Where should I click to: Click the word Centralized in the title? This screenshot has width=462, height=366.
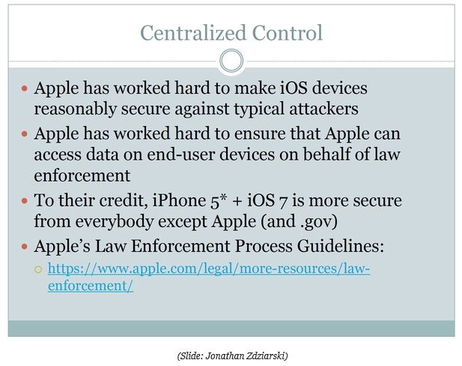193,33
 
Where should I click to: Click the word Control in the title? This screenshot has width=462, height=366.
288,33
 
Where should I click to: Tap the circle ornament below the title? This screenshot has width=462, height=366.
231,61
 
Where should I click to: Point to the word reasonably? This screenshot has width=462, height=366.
76,109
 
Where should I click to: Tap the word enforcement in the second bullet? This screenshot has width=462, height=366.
82,175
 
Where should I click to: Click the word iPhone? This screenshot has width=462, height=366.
180,200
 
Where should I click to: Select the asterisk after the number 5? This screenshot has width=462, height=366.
223,197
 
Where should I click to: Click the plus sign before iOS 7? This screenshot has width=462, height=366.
237,201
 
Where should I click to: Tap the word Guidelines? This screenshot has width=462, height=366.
341,246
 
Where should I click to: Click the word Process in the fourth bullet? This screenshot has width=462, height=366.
264,246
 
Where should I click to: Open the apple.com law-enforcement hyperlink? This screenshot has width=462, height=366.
209,277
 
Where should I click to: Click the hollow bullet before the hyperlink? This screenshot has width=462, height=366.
38,269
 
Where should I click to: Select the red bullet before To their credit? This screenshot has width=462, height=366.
25,201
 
